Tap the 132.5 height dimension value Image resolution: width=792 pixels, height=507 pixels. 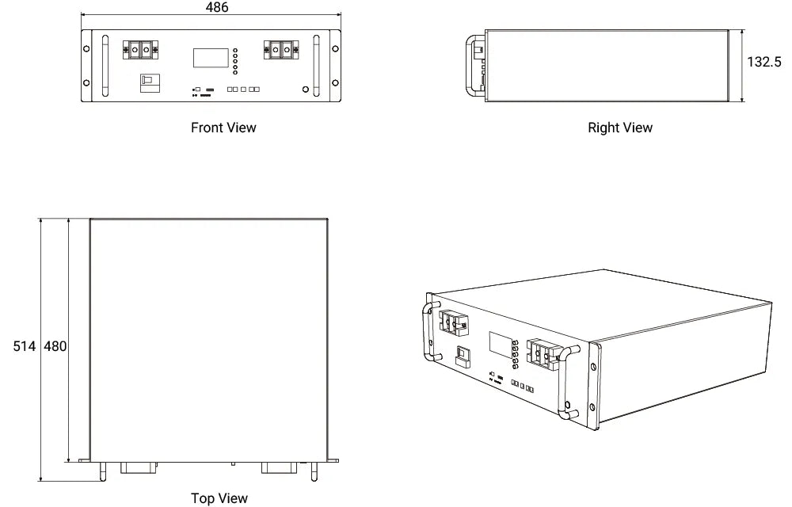click(764, 62)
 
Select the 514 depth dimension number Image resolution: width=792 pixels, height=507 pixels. click(25, 346)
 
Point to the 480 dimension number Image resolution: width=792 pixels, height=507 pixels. click(55, 346)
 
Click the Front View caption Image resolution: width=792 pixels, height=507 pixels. click(223, 127)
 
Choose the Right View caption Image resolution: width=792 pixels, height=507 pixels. click(620, 127)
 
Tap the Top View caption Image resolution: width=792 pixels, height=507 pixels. click(219, 497)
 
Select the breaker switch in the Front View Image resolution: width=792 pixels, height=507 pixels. click(148, 82)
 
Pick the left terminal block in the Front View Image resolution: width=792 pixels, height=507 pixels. click(139, 49)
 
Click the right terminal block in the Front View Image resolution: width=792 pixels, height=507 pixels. click(281, 49)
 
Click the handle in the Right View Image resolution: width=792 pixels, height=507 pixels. click(473, 65)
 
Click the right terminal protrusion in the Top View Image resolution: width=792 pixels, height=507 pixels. click(282, 467)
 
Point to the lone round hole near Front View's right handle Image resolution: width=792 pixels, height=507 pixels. click(307, 90)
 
